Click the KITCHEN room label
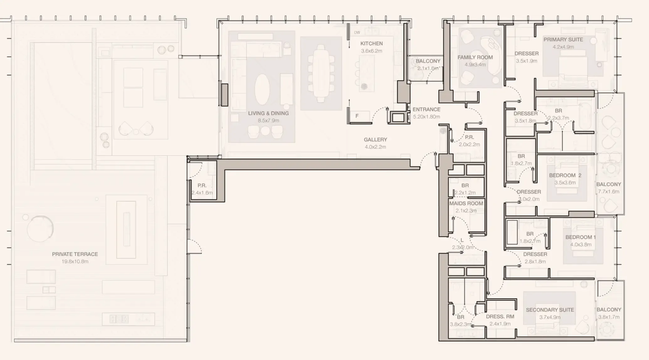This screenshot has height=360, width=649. pos(371,44)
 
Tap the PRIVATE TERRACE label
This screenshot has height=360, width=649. pos(75,254)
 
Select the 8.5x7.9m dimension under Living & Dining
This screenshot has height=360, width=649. pos(268,120)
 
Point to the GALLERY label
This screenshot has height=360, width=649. pos(375,140)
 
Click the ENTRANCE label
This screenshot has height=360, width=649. pos(426,109)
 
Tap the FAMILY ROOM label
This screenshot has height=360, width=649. pos(475,57)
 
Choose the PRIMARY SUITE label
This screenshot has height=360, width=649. pos(563,40)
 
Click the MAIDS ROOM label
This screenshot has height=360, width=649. pos(466,204)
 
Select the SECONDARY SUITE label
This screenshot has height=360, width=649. pos(550,310)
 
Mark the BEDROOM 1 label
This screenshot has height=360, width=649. pos(580,237)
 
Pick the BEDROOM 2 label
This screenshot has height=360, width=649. pos(565,175)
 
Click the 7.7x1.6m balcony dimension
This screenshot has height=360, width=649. pos(609,192)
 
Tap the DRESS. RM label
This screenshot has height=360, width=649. pos(500,316)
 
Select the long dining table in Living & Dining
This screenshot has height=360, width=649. pos(320,73)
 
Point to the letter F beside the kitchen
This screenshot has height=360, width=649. pos(357,116)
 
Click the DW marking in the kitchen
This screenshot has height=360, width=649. pos(357,33)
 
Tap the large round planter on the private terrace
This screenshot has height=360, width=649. pos(40,229)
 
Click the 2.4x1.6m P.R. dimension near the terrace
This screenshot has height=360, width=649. pos(202,193)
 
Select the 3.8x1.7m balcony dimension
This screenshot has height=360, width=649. pos(609,317)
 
